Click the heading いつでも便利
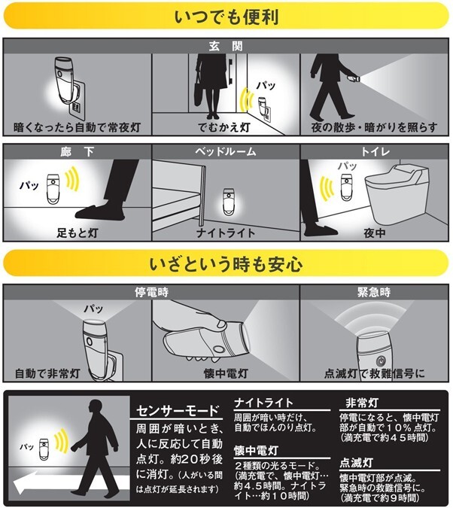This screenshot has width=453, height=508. point(226,17)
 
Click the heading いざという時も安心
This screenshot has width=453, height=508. point(226,264)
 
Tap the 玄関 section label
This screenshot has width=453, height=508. point(226,47)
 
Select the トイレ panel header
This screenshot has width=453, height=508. point(375,151)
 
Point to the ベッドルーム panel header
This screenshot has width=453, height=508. point(226,151)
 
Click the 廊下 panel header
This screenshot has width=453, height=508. point(77,151)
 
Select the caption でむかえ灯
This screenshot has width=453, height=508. point(224,127)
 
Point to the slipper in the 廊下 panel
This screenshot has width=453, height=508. point(100,212)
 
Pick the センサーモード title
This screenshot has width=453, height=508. point(178,411)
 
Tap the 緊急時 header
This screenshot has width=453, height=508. point(374,292)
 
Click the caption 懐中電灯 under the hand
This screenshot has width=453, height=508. point(226,373)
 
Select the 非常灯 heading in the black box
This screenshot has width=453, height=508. point(362,403)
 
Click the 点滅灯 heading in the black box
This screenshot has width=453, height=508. point(357,463)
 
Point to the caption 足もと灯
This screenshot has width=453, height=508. point(77,233)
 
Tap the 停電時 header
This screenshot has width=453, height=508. point(151,292)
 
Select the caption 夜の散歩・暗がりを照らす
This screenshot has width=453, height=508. point(374,127)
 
